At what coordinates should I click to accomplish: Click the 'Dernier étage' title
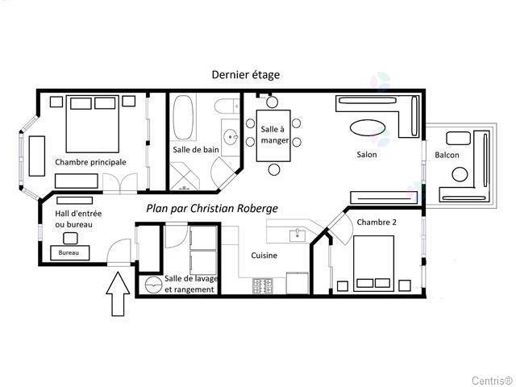[x=245, y=75]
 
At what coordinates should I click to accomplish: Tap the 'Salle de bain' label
[x=196, y=150]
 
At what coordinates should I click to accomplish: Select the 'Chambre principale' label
[x=90, y=162]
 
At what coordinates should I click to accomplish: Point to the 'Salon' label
[x=367, y=154]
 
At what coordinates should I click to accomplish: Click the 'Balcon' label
[x=447, y=155]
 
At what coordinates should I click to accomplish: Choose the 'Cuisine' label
[x=264, y=256]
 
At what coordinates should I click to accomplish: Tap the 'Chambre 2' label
[x=377, y=223]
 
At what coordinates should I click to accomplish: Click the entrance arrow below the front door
[x=118, y=293]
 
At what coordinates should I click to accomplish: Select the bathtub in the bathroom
[x=183, y=118]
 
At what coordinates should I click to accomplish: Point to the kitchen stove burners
[x=263, y=286]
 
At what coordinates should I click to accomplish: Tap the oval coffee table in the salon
[x=368, y=127]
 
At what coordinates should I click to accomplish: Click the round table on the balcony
[x=460, y=174]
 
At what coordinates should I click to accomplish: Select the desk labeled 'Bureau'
[x=69, y=252]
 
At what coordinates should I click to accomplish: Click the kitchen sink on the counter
[x=298, y=235]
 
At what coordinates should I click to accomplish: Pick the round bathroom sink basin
[x=231, y=136]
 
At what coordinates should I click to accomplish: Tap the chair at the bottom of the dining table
[x=274, y=170]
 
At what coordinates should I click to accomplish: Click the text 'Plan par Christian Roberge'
[x=212, y=208]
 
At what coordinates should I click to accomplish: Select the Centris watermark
[x=492, y=381]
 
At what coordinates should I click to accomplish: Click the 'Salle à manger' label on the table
[x=274, y=135]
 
